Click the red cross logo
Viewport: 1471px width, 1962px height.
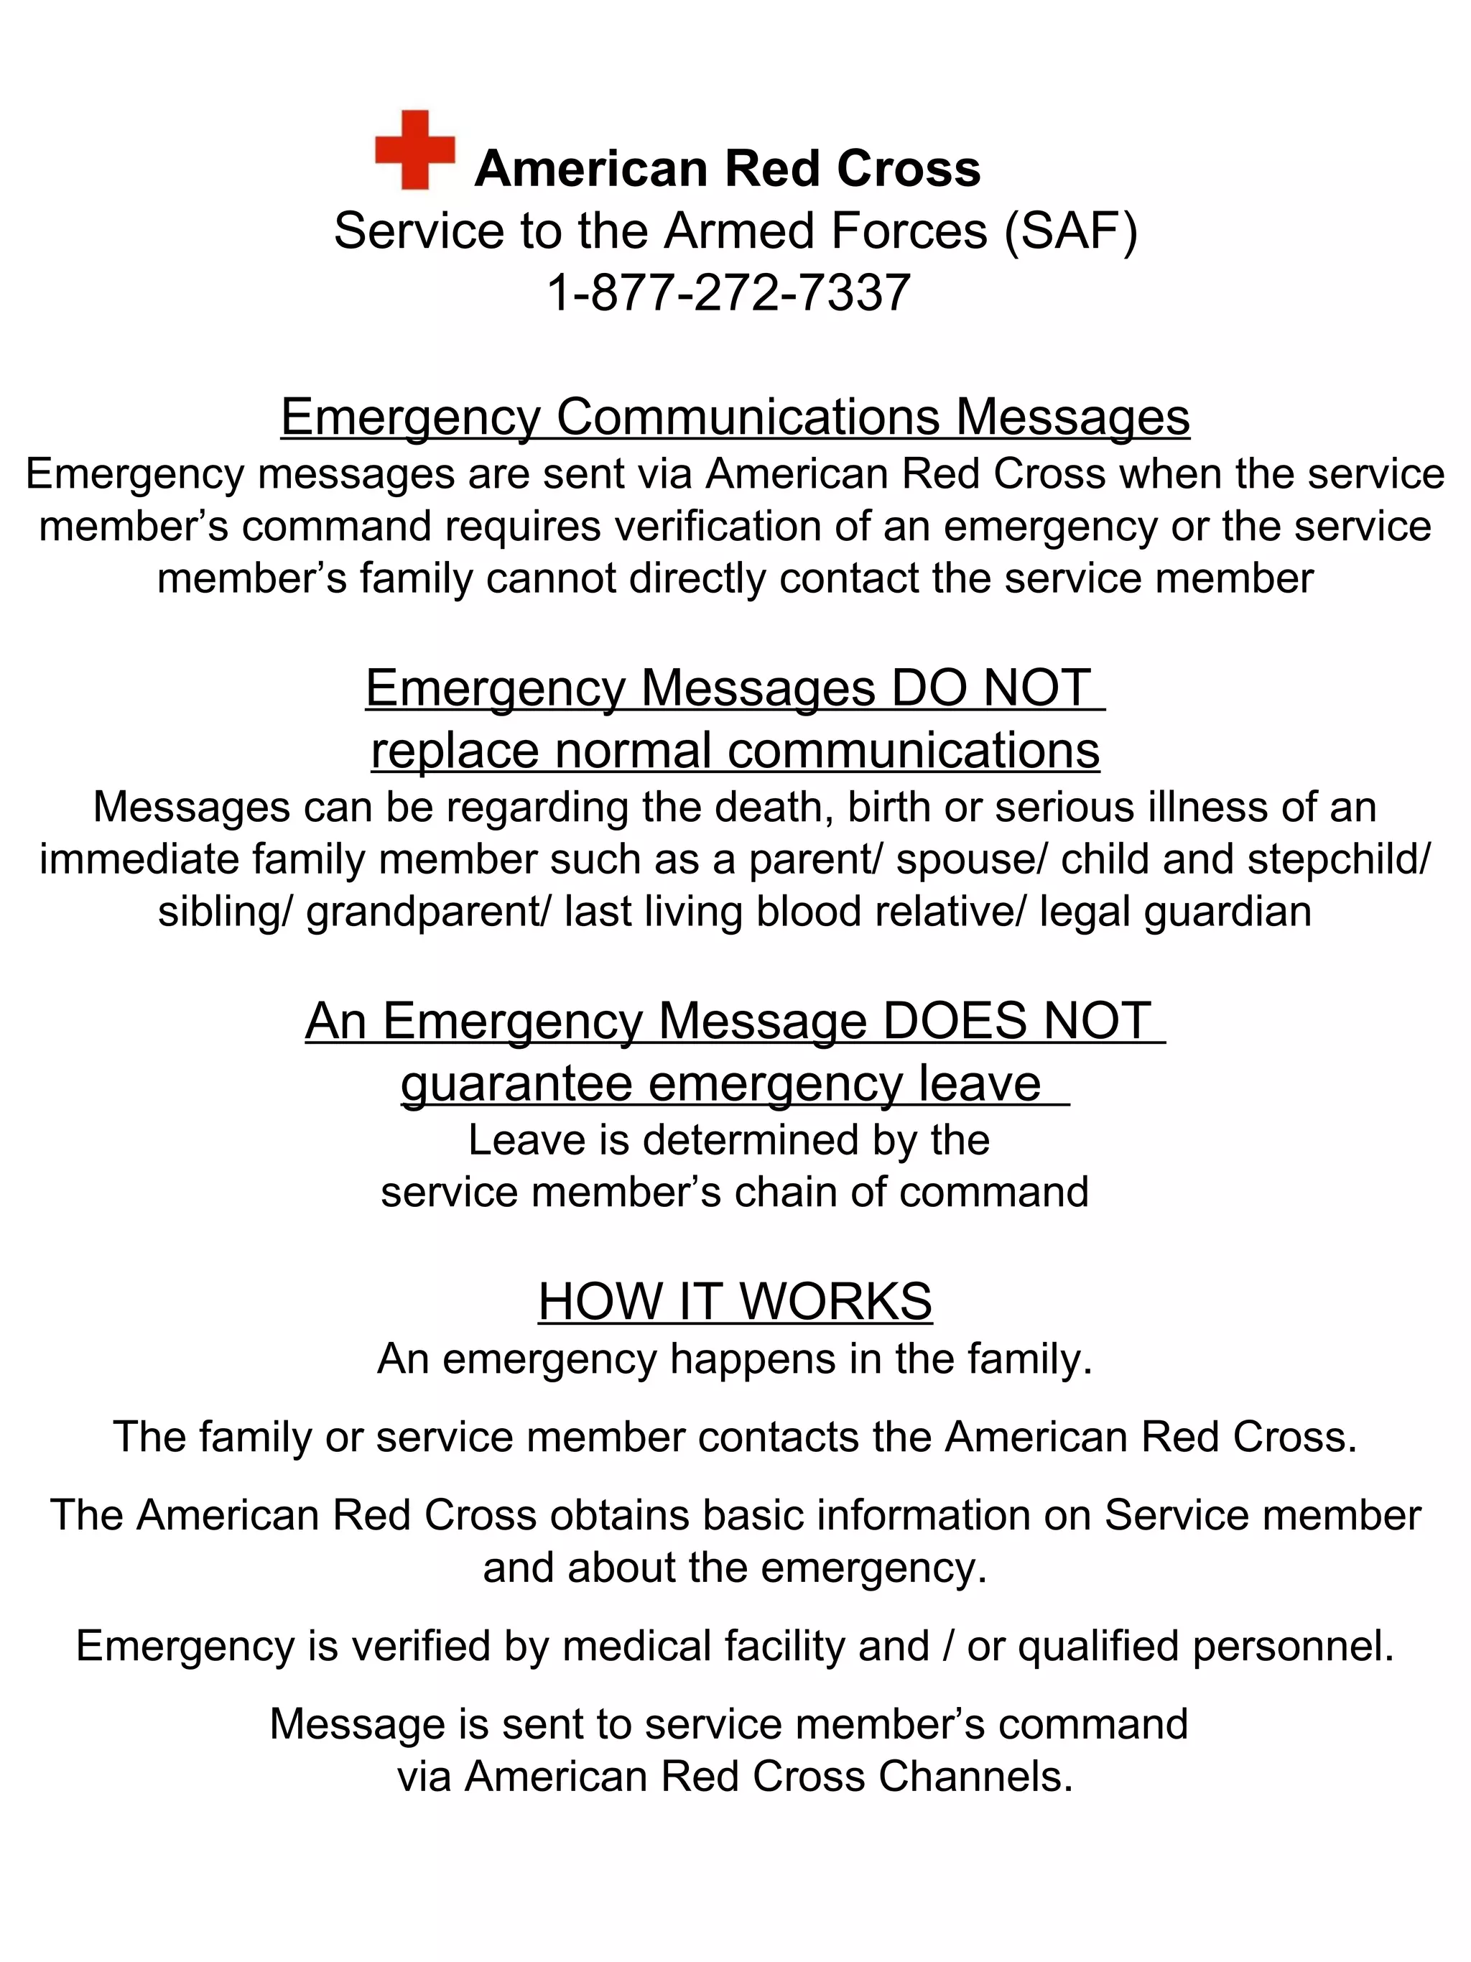coord(414,150)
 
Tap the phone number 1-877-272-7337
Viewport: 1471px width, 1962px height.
coord(728,292)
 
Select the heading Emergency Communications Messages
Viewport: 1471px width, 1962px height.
coord(735,417)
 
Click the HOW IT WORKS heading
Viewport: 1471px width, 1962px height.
coord(735,1301)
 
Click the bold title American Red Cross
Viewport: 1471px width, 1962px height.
coord(727,169)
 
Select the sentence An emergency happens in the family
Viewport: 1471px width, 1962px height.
coord(735,1359)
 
